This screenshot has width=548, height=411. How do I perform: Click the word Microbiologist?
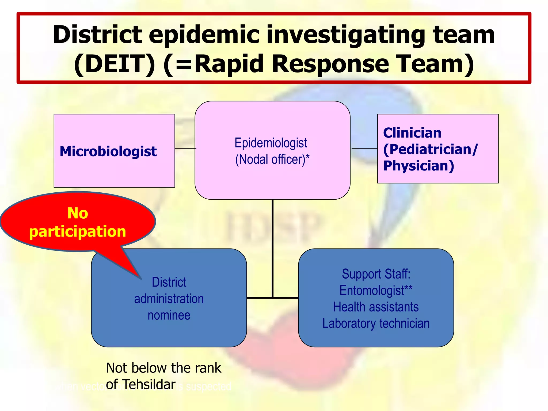click(x=108, y=151)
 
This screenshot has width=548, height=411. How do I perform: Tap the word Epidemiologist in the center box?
click(x=271, y=143)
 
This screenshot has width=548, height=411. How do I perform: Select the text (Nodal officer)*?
click(x=272, y=159)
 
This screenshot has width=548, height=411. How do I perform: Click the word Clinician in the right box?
click(x=412, y=133)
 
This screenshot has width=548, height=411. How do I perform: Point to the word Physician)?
click(x=418, y=166)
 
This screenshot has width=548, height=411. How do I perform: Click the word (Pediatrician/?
click(x=430, y=149)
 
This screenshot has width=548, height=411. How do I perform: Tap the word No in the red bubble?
click(x=78, y=213)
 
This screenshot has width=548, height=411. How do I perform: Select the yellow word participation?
click(x=78, y=231)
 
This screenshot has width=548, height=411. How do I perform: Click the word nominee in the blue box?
click(x=169, y=315)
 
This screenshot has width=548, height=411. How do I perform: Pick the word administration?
click(x=169, y=299)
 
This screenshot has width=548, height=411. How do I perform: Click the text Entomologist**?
click(x=376, y=291)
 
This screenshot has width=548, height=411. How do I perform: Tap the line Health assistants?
click(x=376, y=307)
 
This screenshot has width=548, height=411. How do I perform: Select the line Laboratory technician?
click(x=376, y=324)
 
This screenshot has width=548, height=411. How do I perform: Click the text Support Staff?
click(x=376, y=274)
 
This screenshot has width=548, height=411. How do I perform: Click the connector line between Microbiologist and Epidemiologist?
click(x=185, y=149)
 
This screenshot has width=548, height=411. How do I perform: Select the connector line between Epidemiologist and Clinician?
click(x=364, y=149)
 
